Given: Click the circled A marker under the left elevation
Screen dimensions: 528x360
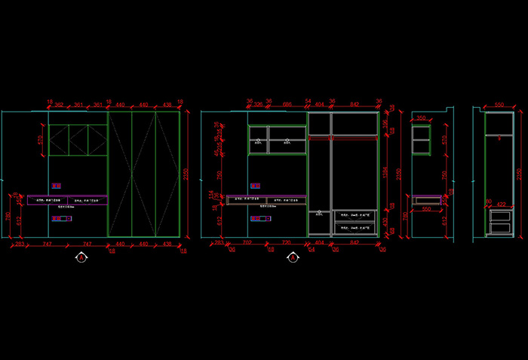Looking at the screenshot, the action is [x=81, y=258].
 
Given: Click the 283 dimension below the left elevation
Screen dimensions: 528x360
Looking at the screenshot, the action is [x=20, y=245].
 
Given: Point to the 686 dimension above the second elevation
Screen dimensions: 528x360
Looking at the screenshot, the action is [x=287, y=103].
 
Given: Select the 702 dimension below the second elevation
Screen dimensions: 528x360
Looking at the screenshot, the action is [x=247, y=245].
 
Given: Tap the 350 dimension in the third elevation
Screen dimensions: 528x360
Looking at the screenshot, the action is [x=421, y=118].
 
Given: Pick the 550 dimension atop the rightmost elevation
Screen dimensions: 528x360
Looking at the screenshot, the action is [x=499, y=106].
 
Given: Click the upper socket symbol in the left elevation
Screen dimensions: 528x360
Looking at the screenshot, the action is [x=56, y=186].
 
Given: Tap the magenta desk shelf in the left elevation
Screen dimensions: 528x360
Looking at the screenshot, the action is [x=68, y=200].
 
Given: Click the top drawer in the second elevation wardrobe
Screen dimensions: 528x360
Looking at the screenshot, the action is [x=355, y=215].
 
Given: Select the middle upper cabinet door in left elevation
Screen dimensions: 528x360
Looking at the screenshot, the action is [x=78, y=140].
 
